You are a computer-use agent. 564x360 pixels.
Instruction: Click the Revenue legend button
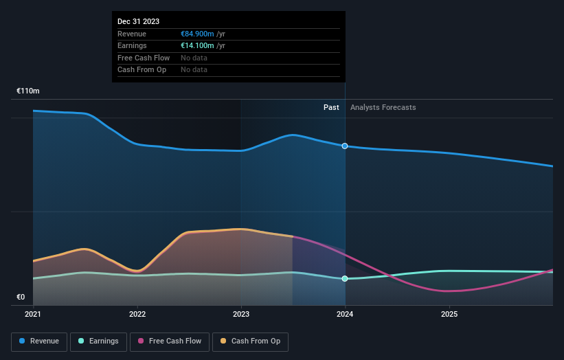tap(39, 341)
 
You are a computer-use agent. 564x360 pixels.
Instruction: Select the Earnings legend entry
tap(98, 341)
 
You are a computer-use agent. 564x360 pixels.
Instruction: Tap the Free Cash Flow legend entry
tap(170, 341)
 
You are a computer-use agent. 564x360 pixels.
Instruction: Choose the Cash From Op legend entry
tap(251, 341)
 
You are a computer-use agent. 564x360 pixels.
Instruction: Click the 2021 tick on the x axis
tap(33, 314)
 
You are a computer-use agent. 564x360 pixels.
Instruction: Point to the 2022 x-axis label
tap(137, 314)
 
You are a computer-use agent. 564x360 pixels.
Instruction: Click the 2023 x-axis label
tap(241, 314)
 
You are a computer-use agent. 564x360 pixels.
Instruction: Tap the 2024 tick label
tap(345, 314)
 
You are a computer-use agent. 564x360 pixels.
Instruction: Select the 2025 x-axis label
tap(449, 314)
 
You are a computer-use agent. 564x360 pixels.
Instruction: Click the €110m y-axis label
tap(28, 91)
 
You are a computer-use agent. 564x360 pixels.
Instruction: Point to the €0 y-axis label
tap(21, 297)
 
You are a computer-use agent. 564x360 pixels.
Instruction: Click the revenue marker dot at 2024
tap(345, 146)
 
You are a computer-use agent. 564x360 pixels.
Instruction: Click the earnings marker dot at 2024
tap(345, 279)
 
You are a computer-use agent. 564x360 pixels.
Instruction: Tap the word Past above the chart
tap(331, 108)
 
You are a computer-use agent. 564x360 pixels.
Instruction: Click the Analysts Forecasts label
tap(383, 108)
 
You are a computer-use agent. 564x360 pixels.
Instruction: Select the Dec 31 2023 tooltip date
tap(138, 21)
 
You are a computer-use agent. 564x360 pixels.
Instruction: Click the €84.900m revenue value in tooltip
tap(197, 34)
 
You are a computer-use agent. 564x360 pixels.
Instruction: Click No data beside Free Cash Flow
tap(194, 58)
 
